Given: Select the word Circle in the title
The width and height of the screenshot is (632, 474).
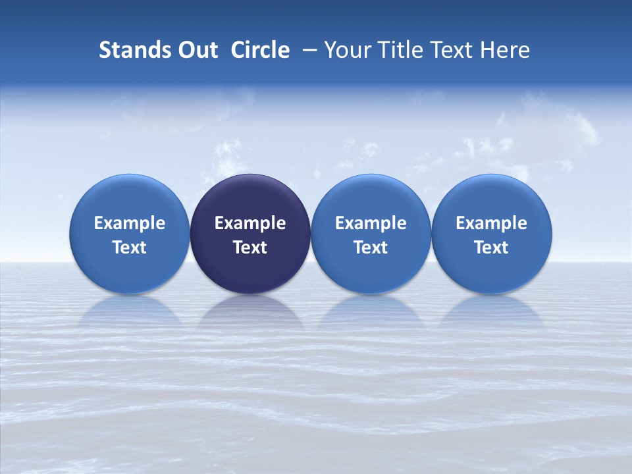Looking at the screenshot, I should pos(260,50).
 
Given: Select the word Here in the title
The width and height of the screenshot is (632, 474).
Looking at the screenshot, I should pos(506,50).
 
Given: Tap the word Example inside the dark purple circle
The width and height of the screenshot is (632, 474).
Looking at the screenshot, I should pos(250,223).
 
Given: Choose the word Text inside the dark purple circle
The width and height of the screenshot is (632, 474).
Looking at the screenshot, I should pos(250,248).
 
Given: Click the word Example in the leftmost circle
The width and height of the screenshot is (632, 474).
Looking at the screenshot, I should pos(129,223).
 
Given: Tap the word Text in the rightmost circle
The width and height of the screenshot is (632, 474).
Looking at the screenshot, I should pos(492,248).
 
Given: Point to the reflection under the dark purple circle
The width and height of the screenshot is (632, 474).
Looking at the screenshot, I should pos(250,313).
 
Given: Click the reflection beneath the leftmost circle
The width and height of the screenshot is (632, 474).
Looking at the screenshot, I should pos(129,313).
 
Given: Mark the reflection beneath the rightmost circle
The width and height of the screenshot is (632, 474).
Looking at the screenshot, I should pos(492,313).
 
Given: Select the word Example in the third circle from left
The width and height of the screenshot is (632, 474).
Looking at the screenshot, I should pos(371,223).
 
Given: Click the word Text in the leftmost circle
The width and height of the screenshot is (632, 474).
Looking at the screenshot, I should pos(129,248).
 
